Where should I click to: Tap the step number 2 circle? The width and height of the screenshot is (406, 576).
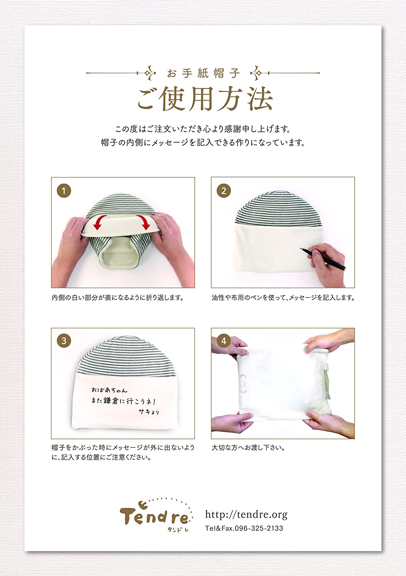click(224, 190)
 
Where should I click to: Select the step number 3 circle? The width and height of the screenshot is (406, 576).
click(64, 341)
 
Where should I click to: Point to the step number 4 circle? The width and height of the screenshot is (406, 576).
click(224, 341)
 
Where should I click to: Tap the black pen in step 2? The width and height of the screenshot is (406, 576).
click(323, 259)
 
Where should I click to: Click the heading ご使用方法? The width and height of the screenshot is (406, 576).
click(205, 99)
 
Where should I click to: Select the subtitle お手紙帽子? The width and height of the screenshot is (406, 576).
click(203, 74)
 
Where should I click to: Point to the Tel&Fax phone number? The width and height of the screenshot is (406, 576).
click(244, 528)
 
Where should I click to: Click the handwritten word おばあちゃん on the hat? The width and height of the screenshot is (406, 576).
click(109, 390)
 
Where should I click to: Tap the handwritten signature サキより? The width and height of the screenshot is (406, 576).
click(149, 412)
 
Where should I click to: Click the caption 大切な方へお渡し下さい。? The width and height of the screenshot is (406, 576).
click(248, 448)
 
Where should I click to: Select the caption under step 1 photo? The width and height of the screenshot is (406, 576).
click(118, 298)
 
